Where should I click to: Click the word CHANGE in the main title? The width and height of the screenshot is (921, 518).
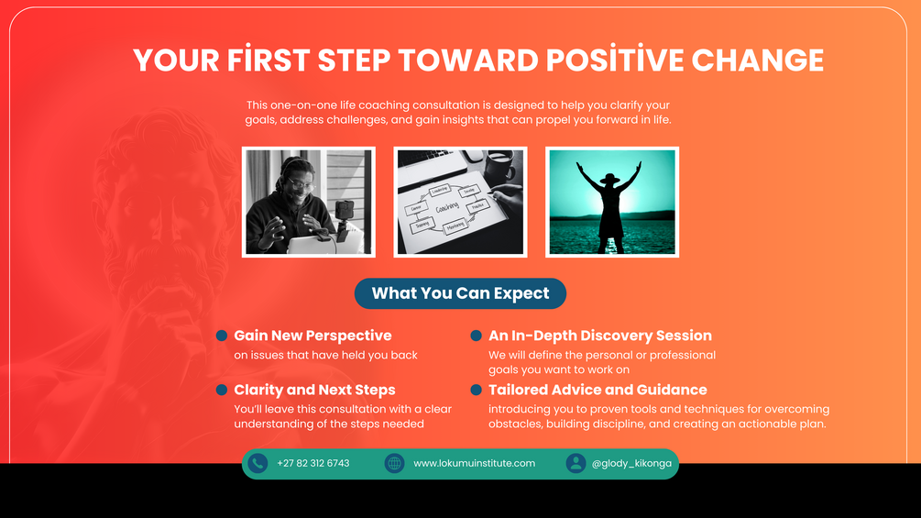tap(758, 60)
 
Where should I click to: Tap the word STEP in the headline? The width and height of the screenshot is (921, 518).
tap(354, 60)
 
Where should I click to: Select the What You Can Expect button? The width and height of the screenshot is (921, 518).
tap(460, 293)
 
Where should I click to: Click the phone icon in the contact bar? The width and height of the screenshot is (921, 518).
tap(258, 463)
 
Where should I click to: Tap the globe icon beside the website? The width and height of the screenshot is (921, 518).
tap(394, 463)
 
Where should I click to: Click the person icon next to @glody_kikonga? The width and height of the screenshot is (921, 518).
tap(576, 463)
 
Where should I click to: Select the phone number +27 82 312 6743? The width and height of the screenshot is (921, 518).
tap(313, 463)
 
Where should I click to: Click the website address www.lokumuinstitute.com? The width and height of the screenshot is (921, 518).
tap(474, 463)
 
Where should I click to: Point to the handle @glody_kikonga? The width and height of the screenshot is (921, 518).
tap(631, 463)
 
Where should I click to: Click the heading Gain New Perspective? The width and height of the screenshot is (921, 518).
tap(312, 336)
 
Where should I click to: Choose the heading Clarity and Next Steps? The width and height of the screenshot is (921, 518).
tap(314, 390)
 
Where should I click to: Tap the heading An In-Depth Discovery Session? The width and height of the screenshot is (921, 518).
tap(599, 336)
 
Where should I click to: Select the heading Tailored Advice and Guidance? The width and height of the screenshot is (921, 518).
tap(598, 390)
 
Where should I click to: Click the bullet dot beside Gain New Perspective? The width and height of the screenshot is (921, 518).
tap(222, 336)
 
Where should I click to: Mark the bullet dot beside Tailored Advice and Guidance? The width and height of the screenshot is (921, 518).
tap(476, 390)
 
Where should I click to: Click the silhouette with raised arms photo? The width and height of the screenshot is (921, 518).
tap(612, 202)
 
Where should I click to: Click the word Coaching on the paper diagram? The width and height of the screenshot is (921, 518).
tap(447, 208)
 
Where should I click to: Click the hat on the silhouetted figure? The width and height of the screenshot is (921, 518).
tap(609, 177)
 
